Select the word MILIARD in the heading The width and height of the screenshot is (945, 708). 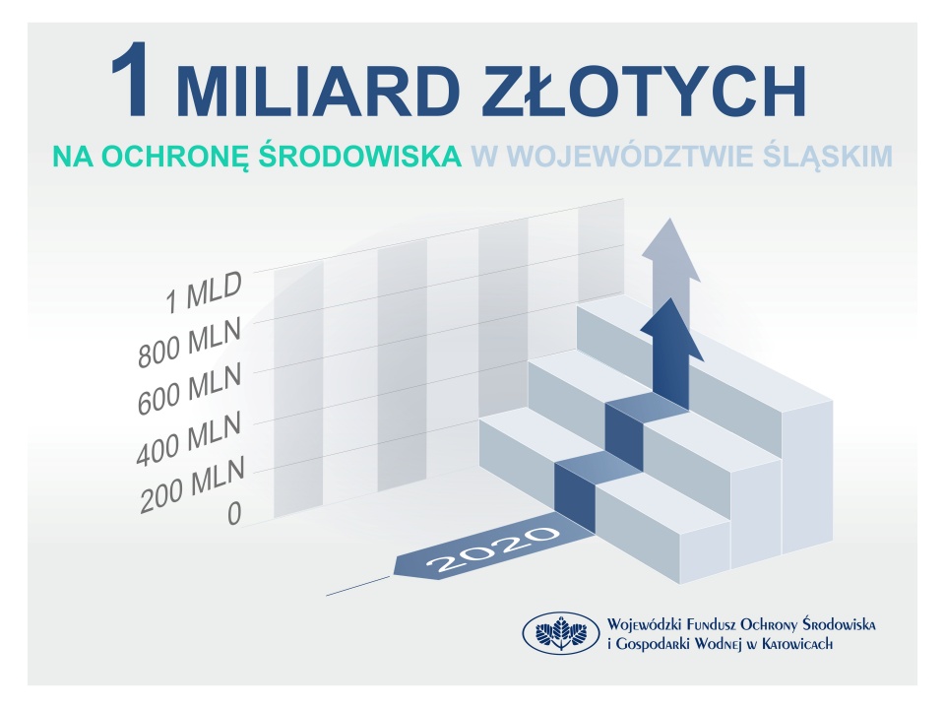click(318, 90)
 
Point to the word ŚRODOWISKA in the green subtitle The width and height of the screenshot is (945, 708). click(360, 154)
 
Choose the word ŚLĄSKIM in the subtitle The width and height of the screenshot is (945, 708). click(824, 156)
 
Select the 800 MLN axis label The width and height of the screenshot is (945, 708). click(189, 342)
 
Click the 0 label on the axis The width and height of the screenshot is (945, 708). click(234, 513)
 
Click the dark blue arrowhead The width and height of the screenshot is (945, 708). click(671, 331)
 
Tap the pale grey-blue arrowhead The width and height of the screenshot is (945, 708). click(670, 251)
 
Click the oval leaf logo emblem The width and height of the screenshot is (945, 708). click(561, 633)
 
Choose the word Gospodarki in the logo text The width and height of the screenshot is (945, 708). click(652, 645)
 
